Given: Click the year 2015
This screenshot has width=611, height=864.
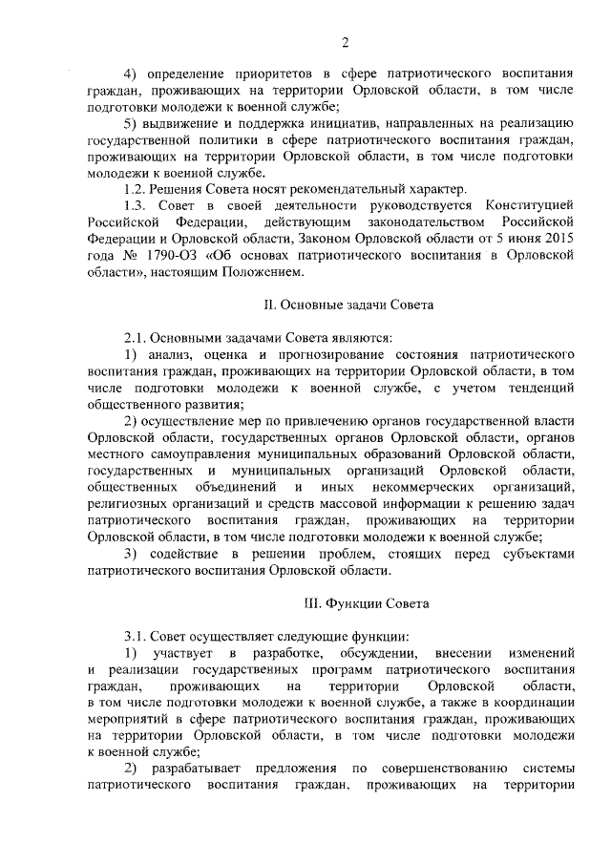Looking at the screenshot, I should (557, 241).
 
